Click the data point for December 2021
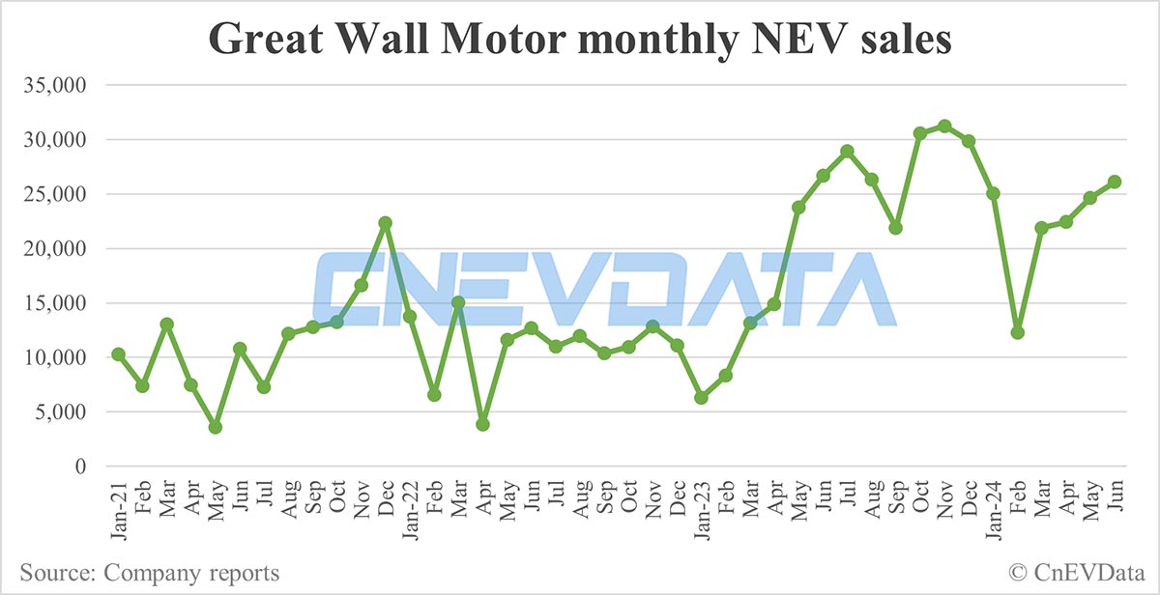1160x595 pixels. [385, 223]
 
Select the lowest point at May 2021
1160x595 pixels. [215, 427]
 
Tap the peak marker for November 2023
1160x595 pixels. [944, 126]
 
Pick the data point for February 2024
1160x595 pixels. [1017, 332]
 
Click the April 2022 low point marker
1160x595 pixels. [482, 424]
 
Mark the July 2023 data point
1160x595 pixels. [847, 151]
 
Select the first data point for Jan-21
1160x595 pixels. [118, 354]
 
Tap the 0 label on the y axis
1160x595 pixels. [82, 467]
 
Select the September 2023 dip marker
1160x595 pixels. [896, 228]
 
